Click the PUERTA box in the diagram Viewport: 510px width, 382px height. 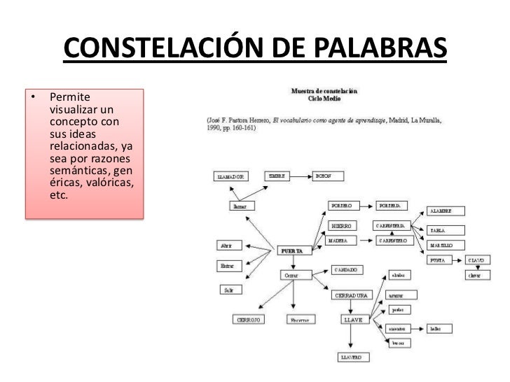tap(291, 250)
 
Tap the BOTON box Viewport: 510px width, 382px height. tap(325, 176)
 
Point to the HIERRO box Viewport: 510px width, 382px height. tap(343, 226)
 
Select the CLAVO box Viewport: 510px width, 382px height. tap(477, 260)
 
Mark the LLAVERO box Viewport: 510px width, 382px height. tap(351, 358)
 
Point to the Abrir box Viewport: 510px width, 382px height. tap(227, 246)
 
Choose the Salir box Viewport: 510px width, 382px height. tap(227, 289)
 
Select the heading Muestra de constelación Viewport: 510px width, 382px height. tap(324, 90)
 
